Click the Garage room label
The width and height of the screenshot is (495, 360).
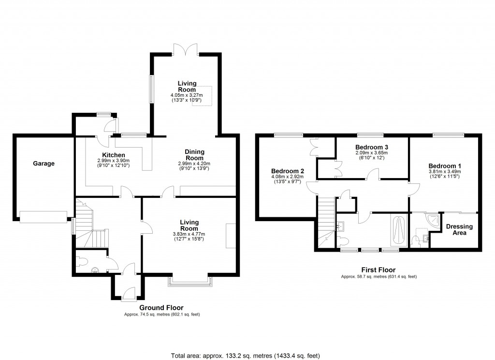point(44,164)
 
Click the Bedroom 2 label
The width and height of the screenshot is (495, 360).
point(287,171)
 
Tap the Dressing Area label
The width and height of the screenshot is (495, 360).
point(459,229)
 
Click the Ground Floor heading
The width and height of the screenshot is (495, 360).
point(161,307)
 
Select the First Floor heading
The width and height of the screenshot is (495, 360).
point(379,270)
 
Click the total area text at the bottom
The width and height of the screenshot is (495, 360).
point(247,356)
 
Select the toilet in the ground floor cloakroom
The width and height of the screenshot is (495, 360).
point(82,262)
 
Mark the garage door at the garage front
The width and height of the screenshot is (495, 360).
point(44,217)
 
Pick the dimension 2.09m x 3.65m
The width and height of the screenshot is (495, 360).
point(372,152)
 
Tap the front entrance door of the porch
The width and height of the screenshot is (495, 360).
point(128,293)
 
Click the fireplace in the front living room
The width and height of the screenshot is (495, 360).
point(231,236)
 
